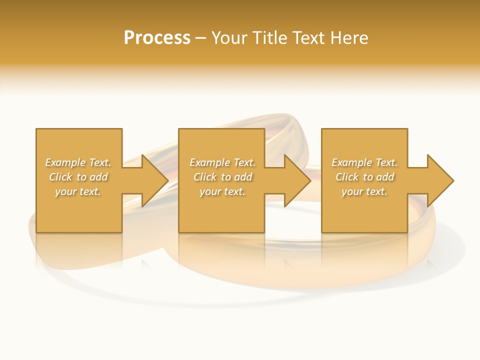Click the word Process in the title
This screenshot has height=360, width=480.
(157, 38)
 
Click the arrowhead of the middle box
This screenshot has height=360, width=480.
(296, 180)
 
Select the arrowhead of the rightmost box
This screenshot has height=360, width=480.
(439, 180)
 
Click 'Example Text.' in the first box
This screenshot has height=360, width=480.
(78, 162)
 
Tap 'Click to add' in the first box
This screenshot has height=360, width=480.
(78, 177)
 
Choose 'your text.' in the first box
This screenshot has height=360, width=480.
(78, 191)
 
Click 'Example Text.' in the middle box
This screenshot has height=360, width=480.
(222, 162)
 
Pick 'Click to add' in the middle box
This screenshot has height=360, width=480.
(222, 177)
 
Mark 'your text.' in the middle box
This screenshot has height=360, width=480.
(222, 191)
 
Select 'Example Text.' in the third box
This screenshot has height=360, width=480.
(364, 162)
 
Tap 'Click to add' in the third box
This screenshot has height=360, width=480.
(364, 177)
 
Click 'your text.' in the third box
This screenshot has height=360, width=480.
(364, 191)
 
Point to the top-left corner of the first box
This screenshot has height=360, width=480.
(36, 129)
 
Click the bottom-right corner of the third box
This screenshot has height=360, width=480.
(407, 232)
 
